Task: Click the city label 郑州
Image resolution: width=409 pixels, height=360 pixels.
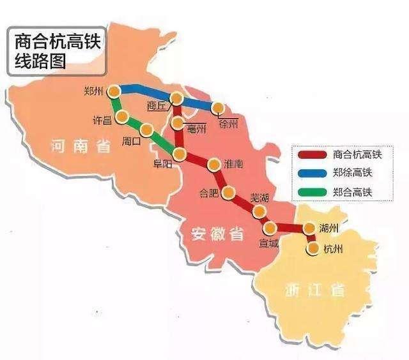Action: click(93, 91)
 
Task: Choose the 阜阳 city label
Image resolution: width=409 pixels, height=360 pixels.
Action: click(162, 163)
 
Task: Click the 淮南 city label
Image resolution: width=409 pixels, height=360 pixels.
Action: click(234, 164)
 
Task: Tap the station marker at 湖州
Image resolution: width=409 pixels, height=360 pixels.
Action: click(309, 228)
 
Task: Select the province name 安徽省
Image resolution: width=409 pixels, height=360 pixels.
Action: click(217, 235)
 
